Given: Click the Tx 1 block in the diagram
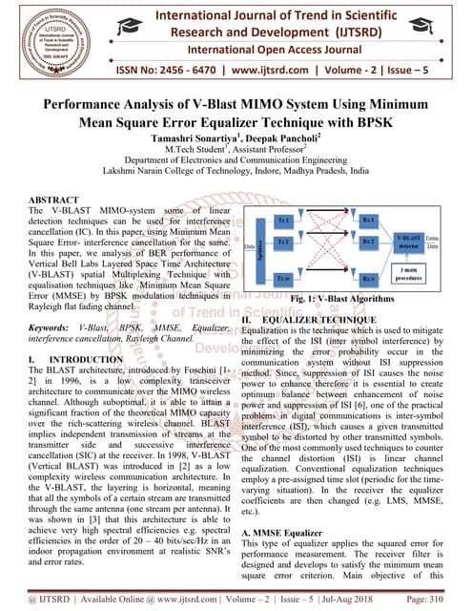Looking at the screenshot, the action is (283, 220).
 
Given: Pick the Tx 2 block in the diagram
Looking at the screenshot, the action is (283, 243).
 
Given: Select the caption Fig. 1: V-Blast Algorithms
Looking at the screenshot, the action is (352, 299).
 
